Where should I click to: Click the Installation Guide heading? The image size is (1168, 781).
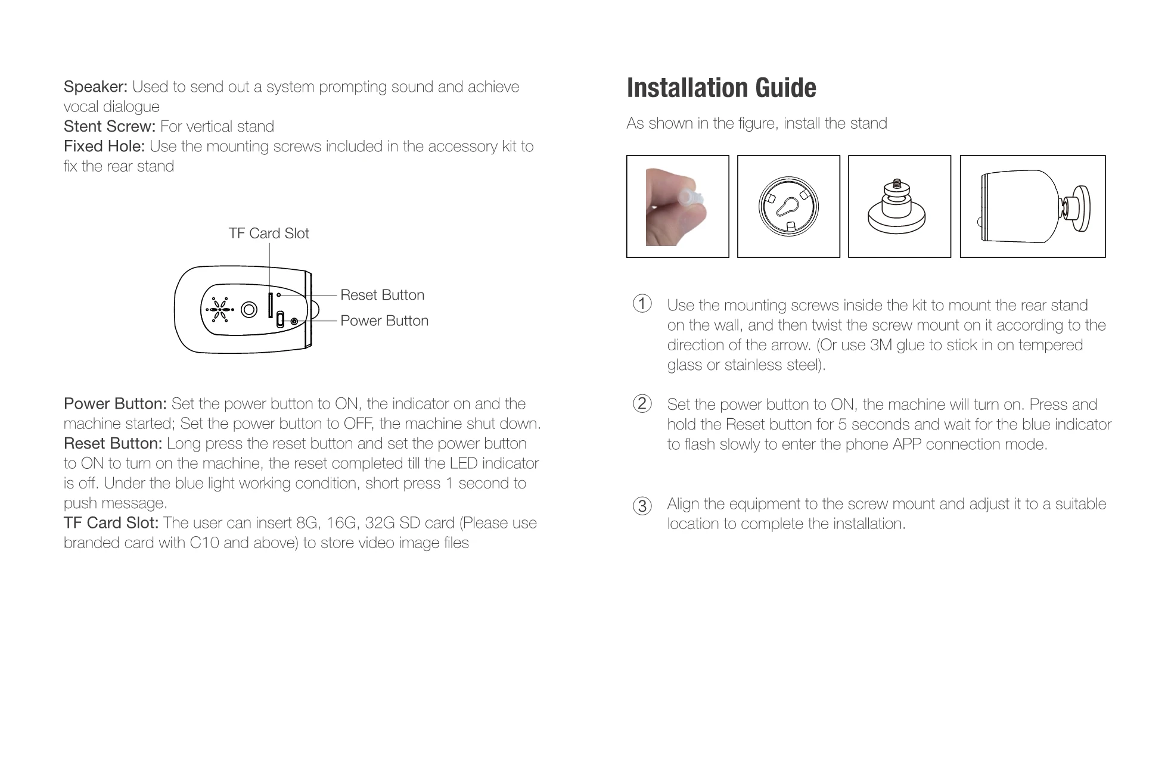tap(721, 88)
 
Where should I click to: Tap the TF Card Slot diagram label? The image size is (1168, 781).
tap(269, 233)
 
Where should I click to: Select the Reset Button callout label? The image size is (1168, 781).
tap(383, 295)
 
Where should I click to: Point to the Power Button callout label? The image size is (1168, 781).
tap(384, 321)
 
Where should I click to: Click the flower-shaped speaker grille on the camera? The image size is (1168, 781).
tap(220, 309)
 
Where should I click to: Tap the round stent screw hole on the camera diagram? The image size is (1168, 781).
tap(249, 309)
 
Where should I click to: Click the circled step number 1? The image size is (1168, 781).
tap(642, 304)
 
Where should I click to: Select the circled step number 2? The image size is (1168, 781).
tap(642, 403)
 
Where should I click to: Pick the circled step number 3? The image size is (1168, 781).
tap(642, 506)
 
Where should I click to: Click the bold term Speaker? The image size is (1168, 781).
tap(95, 87)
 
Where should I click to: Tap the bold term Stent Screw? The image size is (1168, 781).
tap(110, 126)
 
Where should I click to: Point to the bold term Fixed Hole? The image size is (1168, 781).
tap(104, 146)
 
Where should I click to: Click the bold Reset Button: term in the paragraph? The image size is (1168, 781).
tap(113, 443)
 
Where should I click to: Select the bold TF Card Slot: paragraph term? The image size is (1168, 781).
tap(111, 522)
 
